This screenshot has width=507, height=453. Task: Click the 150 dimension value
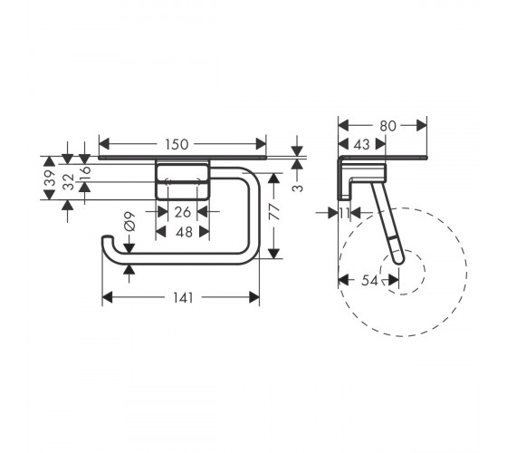[177, 144]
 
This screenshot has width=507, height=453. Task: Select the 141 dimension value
[183, 298]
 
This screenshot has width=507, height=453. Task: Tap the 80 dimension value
[387, 126]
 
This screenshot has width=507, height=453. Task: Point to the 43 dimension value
[361, 144]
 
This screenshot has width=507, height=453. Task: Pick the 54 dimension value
[369, 280]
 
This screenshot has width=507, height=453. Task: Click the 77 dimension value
[275, 212]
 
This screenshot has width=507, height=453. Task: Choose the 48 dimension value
[185, 232]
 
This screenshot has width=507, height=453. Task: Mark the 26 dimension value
[183, 212]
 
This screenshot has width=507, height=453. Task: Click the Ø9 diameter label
[129, 222]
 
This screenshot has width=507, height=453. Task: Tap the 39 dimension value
[50, 178]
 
